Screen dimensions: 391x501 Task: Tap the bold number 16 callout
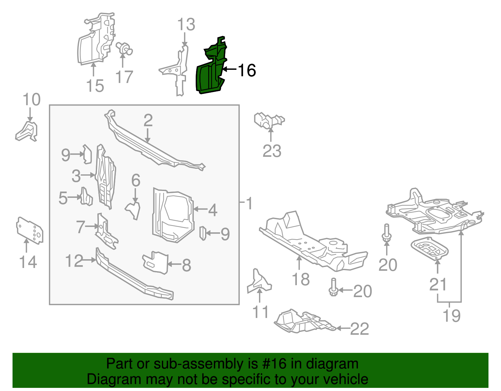click(247, 70)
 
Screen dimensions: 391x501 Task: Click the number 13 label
click(186, 25)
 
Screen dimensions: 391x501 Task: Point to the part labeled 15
click(94, 41)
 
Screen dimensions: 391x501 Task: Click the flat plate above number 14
click(29, 230)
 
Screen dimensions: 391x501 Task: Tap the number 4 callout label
click(213, 210)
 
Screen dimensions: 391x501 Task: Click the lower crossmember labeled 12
click(135, 275)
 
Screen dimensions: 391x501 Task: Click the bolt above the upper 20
click(386, 233)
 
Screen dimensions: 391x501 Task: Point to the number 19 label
click(452, 316)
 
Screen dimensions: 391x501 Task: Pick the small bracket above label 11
click(259, 281)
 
